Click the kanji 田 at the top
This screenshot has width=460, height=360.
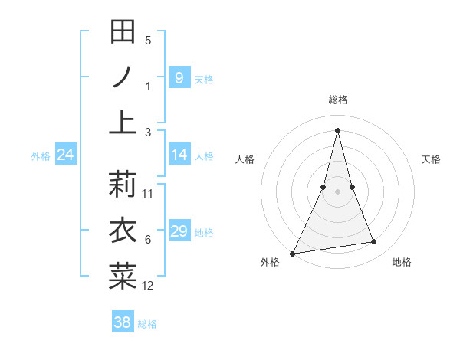123,32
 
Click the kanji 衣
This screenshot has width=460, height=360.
123,230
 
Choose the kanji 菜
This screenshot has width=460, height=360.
123,277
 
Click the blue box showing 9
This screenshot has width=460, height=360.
179,77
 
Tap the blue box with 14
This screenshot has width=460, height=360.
179,155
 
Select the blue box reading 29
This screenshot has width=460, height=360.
179,231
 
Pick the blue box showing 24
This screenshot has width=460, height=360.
66,155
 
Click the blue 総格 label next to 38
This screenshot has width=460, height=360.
147,324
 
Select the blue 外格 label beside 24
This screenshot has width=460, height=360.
41,156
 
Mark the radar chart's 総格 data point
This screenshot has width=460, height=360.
337,129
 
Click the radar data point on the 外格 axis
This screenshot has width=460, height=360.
293,253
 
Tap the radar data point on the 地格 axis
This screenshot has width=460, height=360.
374,242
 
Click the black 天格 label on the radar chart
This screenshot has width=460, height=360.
431,159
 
